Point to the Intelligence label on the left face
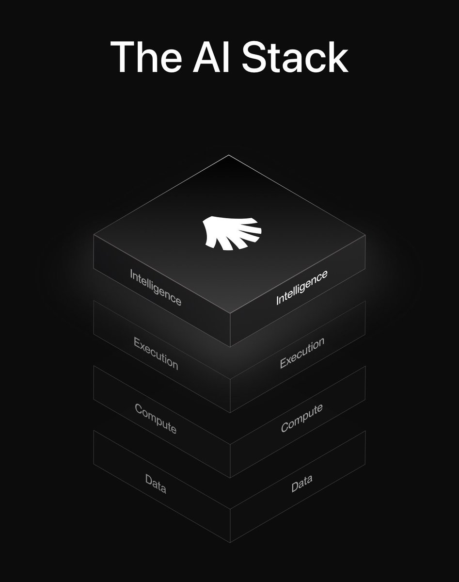click(x=156, y=287)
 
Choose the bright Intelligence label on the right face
click(x=301, y=287)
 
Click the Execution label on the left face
click(x=156, y=353)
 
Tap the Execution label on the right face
click(x=301, y=353)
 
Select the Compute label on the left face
click(x=155, y=418)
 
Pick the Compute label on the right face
click(x=301, y=418)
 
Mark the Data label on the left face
click(x=156, y=484)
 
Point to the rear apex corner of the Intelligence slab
click(x=228, y=156)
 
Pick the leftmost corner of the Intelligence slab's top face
click(x=94, y=237)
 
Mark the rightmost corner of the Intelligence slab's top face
click(x=365, y=237)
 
